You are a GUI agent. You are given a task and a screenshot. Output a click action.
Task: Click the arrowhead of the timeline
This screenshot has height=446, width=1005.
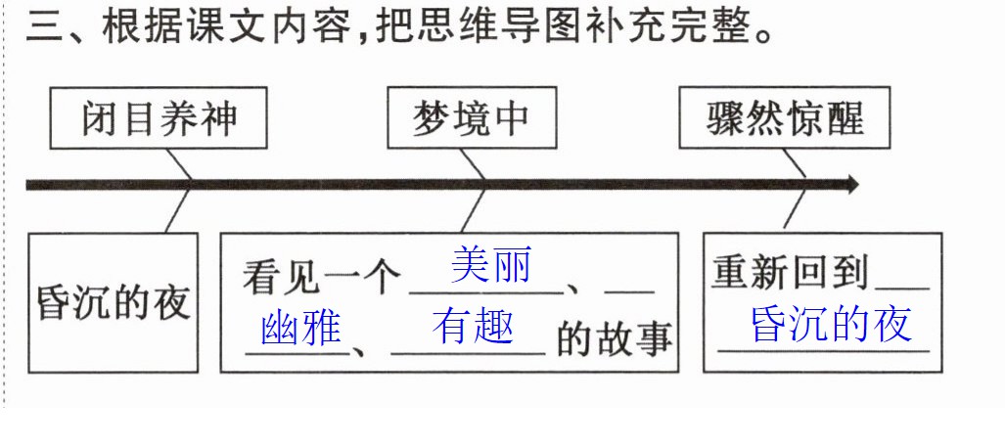pos(851,185)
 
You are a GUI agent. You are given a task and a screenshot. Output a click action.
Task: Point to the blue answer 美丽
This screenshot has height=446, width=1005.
pos(491,265)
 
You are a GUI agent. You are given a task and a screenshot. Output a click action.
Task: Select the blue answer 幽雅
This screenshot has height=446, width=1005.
pos(301,329)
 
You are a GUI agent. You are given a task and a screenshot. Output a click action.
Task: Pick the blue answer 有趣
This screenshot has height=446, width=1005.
pos(473,327)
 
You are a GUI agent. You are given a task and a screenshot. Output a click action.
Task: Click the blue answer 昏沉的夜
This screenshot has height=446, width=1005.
pos(832,325)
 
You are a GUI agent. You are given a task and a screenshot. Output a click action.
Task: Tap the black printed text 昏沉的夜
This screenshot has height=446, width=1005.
pos(114,301)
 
